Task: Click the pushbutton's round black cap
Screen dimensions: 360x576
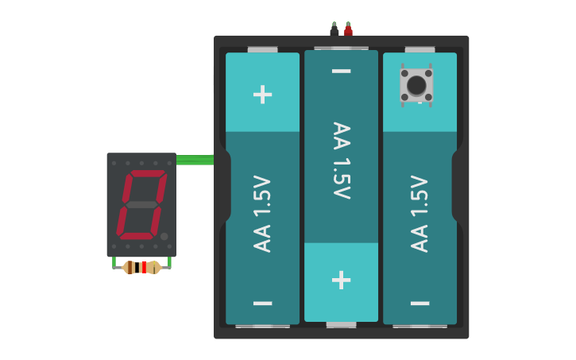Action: pos(416,84)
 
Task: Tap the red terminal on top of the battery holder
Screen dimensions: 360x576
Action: pos(348,31)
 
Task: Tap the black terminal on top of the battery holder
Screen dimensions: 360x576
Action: pos(334,31)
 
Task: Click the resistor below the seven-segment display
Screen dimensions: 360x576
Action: pos(141,267)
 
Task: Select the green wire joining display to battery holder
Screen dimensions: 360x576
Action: pos(195,160)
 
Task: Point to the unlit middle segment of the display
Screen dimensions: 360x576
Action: pos(141,205)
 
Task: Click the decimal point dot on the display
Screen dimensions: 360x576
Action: pos(164,236)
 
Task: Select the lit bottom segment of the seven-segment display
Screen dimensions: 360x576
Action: pos(137,236)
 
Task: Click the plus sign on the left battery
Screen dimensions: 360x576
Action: pos(262,95)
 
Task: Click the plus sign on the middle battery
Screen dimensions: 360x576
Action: pos(341,280)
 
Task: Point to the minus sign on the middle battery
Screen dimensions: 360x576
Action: pos(341,72)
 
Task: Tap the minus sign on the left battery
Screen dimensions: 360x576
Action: pos(262,304)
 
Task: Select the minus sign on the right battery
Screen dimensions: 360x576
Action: pos(419,304)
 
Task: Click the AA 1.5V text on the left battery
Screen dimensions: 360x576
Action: pos(262,213)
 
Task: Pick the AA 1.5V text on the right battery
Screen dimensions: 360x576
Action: pos(419,213)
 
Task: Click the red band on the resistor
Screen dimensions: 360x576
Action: pos(145,267)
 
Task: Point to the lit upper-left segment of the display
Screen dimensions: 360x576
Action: pos(126,188)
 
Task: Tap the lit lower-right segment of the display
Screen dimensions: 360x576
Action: pos(156,221)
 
